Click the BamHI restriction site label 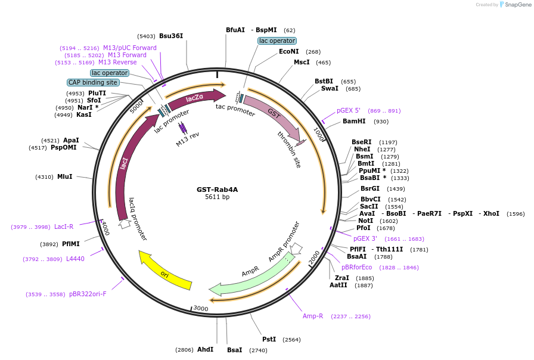point(354,121)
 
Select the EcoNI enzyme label point(288,51)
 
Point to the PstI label point(269,339)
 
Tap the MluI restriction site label point(65,176)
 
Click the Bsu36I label point(171,36)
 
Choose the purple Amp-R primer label point(313,316)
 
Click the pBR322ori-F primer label point(88,294)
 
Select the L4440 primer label point(75,259)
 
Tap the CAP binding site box point(93,82)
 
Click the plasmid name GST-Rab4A point(218,190)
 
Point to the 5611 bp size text point(218,197)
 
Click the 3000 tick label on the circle point(201,308)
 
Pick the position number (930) point(381,122)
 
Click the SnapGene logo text point(518,4)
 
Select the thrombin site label point(289,150)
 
